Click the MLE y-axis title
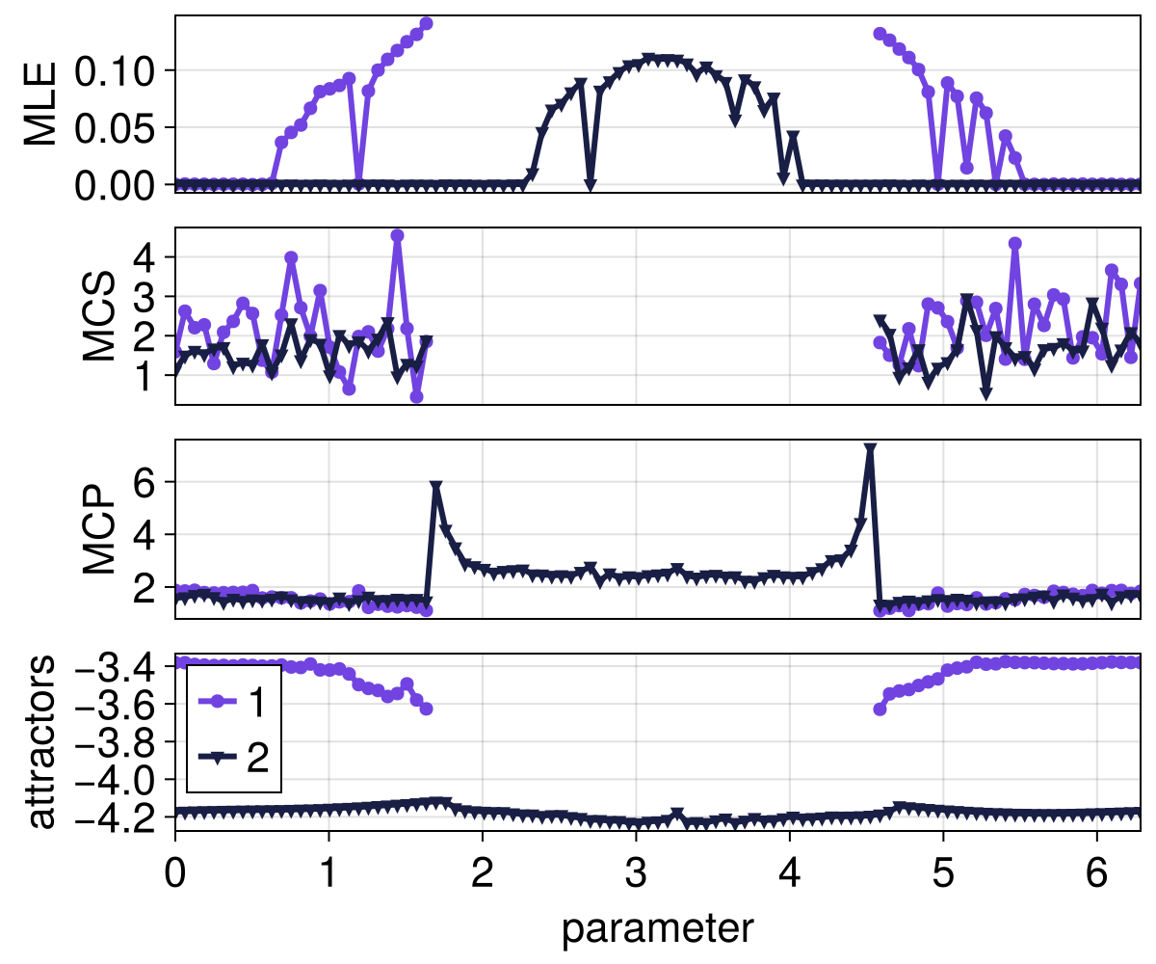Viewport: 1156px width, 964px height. click(40, 104)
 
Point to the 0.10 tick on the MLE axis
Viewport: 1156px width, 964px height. click(117, 70)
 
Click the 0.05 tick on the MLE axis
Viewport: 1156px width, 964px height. click(117, 127)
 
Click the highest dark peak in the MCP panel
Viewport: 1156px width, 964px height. click(870, 449)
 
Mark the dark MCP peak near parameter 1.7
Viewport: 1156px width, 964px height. click(436, 488)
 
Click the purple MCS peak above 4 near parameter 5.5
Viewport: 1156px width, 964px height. click(1014, 243)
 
